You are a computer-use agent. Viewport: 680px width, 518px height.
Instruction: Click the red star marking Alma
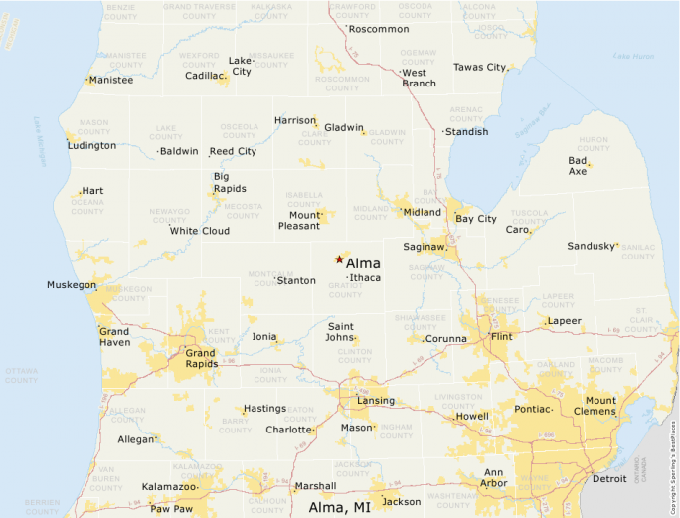(339, 259)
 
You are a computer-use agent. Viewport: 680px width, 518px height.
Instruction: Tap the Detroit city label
(609, 479)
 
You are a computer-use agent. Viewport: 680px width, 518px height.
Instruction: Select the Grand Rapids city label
(200, 359)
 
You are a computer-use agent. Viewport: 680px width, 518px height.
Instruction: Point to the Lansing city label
(376, 401)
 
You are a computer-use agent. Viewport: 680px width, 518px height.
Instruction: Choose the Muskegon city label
(72, 285)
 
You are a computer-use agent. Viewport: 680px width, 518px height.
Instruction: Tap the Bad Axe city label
(578, 166)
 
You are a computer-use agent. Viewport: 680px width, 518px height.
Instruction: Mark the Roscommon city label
(379, 29)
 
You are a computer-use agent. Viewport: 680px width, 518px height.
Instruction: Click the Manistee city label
(110, 80)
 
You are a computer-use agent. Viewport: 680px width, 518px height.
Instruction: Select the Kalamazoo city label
(168, 487)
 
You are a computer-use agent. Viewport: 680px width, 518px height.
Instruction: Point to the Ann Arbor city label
(495, 478)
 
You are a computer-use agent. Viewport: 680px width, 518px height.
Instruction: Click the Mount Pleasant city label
(298, 220)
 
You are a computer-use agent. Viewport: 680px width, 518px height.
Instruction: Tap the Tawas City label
(480, 67)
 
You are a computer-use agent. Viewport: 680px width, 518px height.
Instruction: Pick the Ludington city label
(91, 145)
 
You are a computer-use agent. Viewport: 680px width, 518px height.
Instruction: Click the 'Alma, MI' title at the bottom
(340, 507)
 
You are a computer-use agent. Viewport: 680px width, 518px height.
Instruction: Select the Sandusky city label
(592, 246)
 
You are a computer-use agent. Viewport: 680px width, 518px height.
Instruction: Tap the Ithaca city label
(365, 278)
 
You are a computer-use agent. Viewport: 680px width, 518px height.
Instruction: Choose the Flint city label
(502, 337)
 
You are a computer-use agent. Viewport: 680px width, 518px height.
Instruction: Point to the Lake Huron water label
(633, 57)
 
